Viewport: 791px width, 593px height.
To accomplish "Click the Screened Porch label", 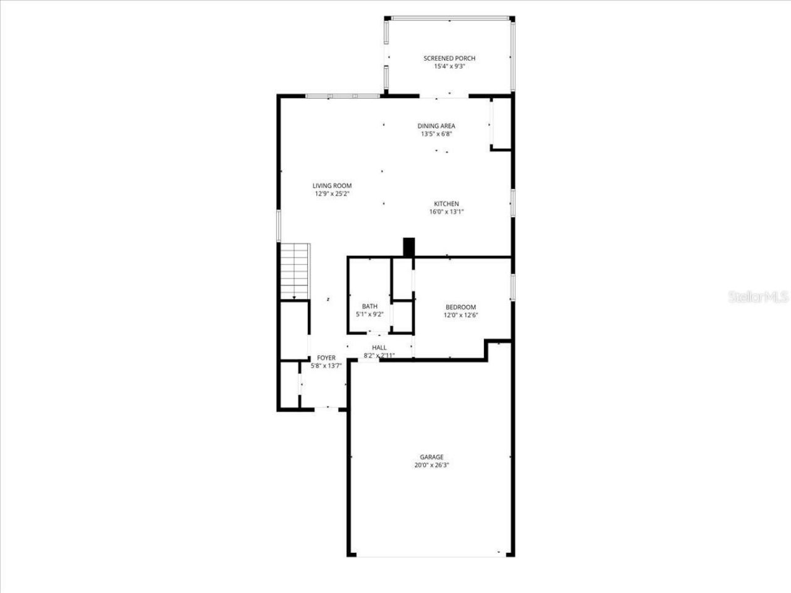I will click(449, 59).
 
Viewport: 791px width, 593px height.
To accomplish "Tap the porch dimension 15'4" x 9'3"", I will click(449, 66).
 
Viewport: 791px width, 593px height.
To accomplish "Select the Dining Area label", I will click(436, 126).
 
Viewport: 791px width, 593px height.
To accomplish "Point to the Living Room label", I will click(332, 185).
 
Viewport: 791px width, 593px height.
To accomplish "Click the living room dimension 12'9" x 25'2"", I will click(332, 193).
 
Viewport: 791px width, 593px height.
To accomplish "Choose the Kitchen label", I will click(446, 204).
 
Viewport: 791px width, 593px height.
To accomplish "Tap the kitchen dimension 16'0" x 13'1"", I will click(446, 212).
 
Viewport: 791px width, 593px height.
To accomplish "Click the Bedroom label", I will click(460, 307).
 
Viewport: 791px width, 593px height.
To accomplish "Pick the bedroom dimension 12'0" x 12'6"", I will click(460, 315).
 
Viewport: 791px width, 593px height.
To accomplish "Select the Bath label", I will click(370, 306).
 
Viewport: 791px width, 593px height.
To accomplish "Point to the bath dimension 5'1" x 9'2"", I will click(370, 314).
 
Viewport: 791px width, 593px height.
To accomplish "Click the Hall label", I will click(379, 348).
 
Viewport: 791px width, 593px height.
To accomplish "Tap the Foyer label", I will click(326, 358).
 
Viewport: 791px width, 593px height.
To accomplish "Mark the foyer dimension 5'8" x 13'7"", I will click(326, 366).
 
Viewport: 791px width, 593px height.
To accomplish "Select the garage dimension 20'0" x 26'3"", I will click(431, 465).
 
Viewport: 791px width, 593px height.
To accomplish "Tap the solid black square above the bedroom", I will click(408, 247).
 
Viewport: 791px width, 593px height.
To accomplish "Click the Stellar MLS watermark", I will click(758, 297).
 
